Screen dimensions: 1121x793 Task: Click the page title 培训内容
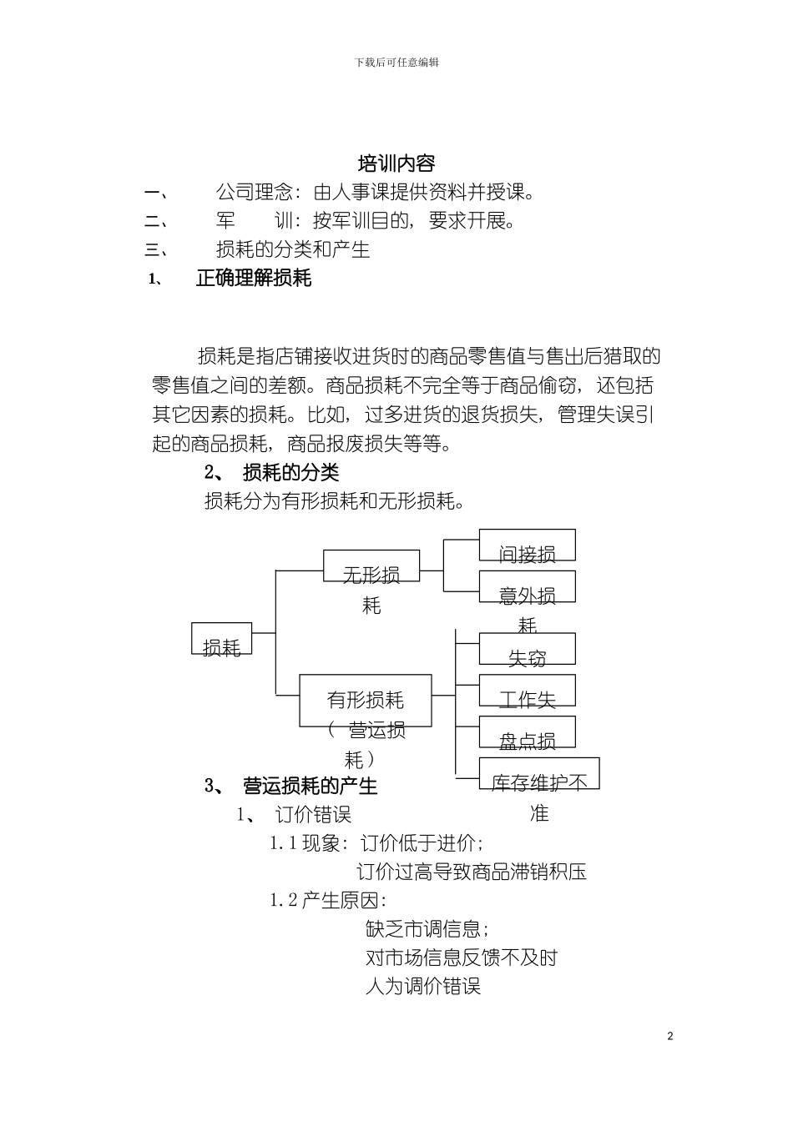[396, 163]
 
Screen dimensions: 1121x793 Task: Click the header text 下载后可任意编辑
[396, 63]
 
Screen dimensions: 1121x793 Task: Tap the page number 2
[669, 1037]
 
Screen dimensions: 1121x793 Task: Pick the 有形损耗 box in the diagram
[366, 700]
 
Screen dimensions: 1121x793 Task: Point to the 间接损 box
[527, 545]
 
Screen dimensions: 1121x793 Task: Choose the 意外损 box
[527, 587]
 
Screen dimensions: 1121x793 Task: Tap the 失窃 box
[527, 649]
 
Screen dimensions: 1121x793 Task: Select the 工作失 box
[527, 691]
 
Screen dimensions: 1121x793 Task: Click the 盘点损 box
[527, 732]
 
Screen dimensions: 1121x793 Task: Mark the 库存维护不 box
[539, 774]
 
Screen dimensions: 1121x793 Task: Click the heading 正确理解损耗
[253, 278]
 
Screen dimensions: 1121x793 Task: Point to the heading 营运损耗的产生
[310, 786]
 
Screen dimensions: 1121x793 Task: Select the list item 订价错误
[313, 814]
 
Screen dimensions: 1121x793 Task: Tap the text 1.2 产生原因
[327, 901]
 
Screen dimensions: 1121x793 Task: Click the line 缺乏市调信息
[427, 928]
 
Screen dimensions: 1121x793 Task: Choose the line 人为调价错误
[423, 986]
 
